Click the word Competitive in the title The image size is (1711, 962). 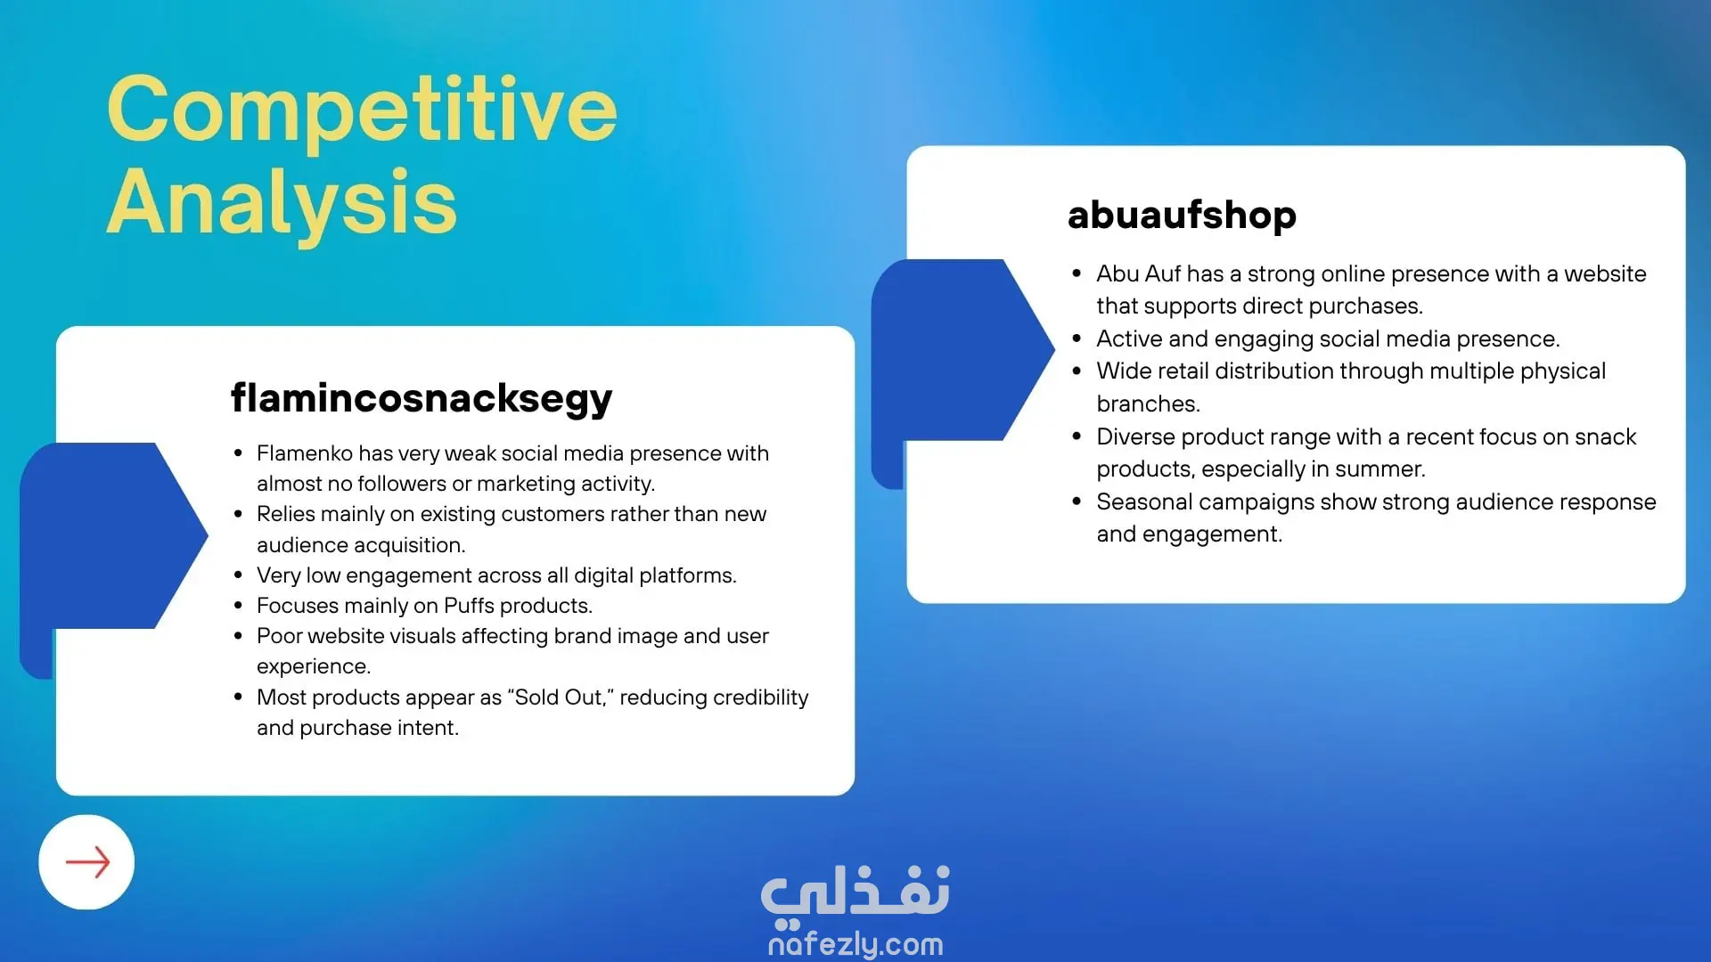click(362, 110)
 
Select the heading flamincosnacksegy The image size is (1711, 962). click(422, 398)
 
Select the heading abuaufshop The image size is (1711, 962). click(1182, 215)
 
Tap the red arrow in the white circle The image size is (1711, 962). click(87, 862)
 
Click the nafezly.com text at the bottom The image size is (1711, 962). click(855, 943)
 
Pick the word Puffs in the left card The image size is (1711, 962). click(469, 606)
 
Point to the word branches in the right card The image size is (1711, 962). click(1146, 404)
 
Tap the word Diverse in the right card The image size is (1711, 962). click(1137, 436)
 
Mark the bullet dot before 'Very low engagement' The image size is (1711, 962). click(238, 575)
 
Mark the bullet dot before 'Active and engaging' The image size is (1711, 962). click(1077, 339)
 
